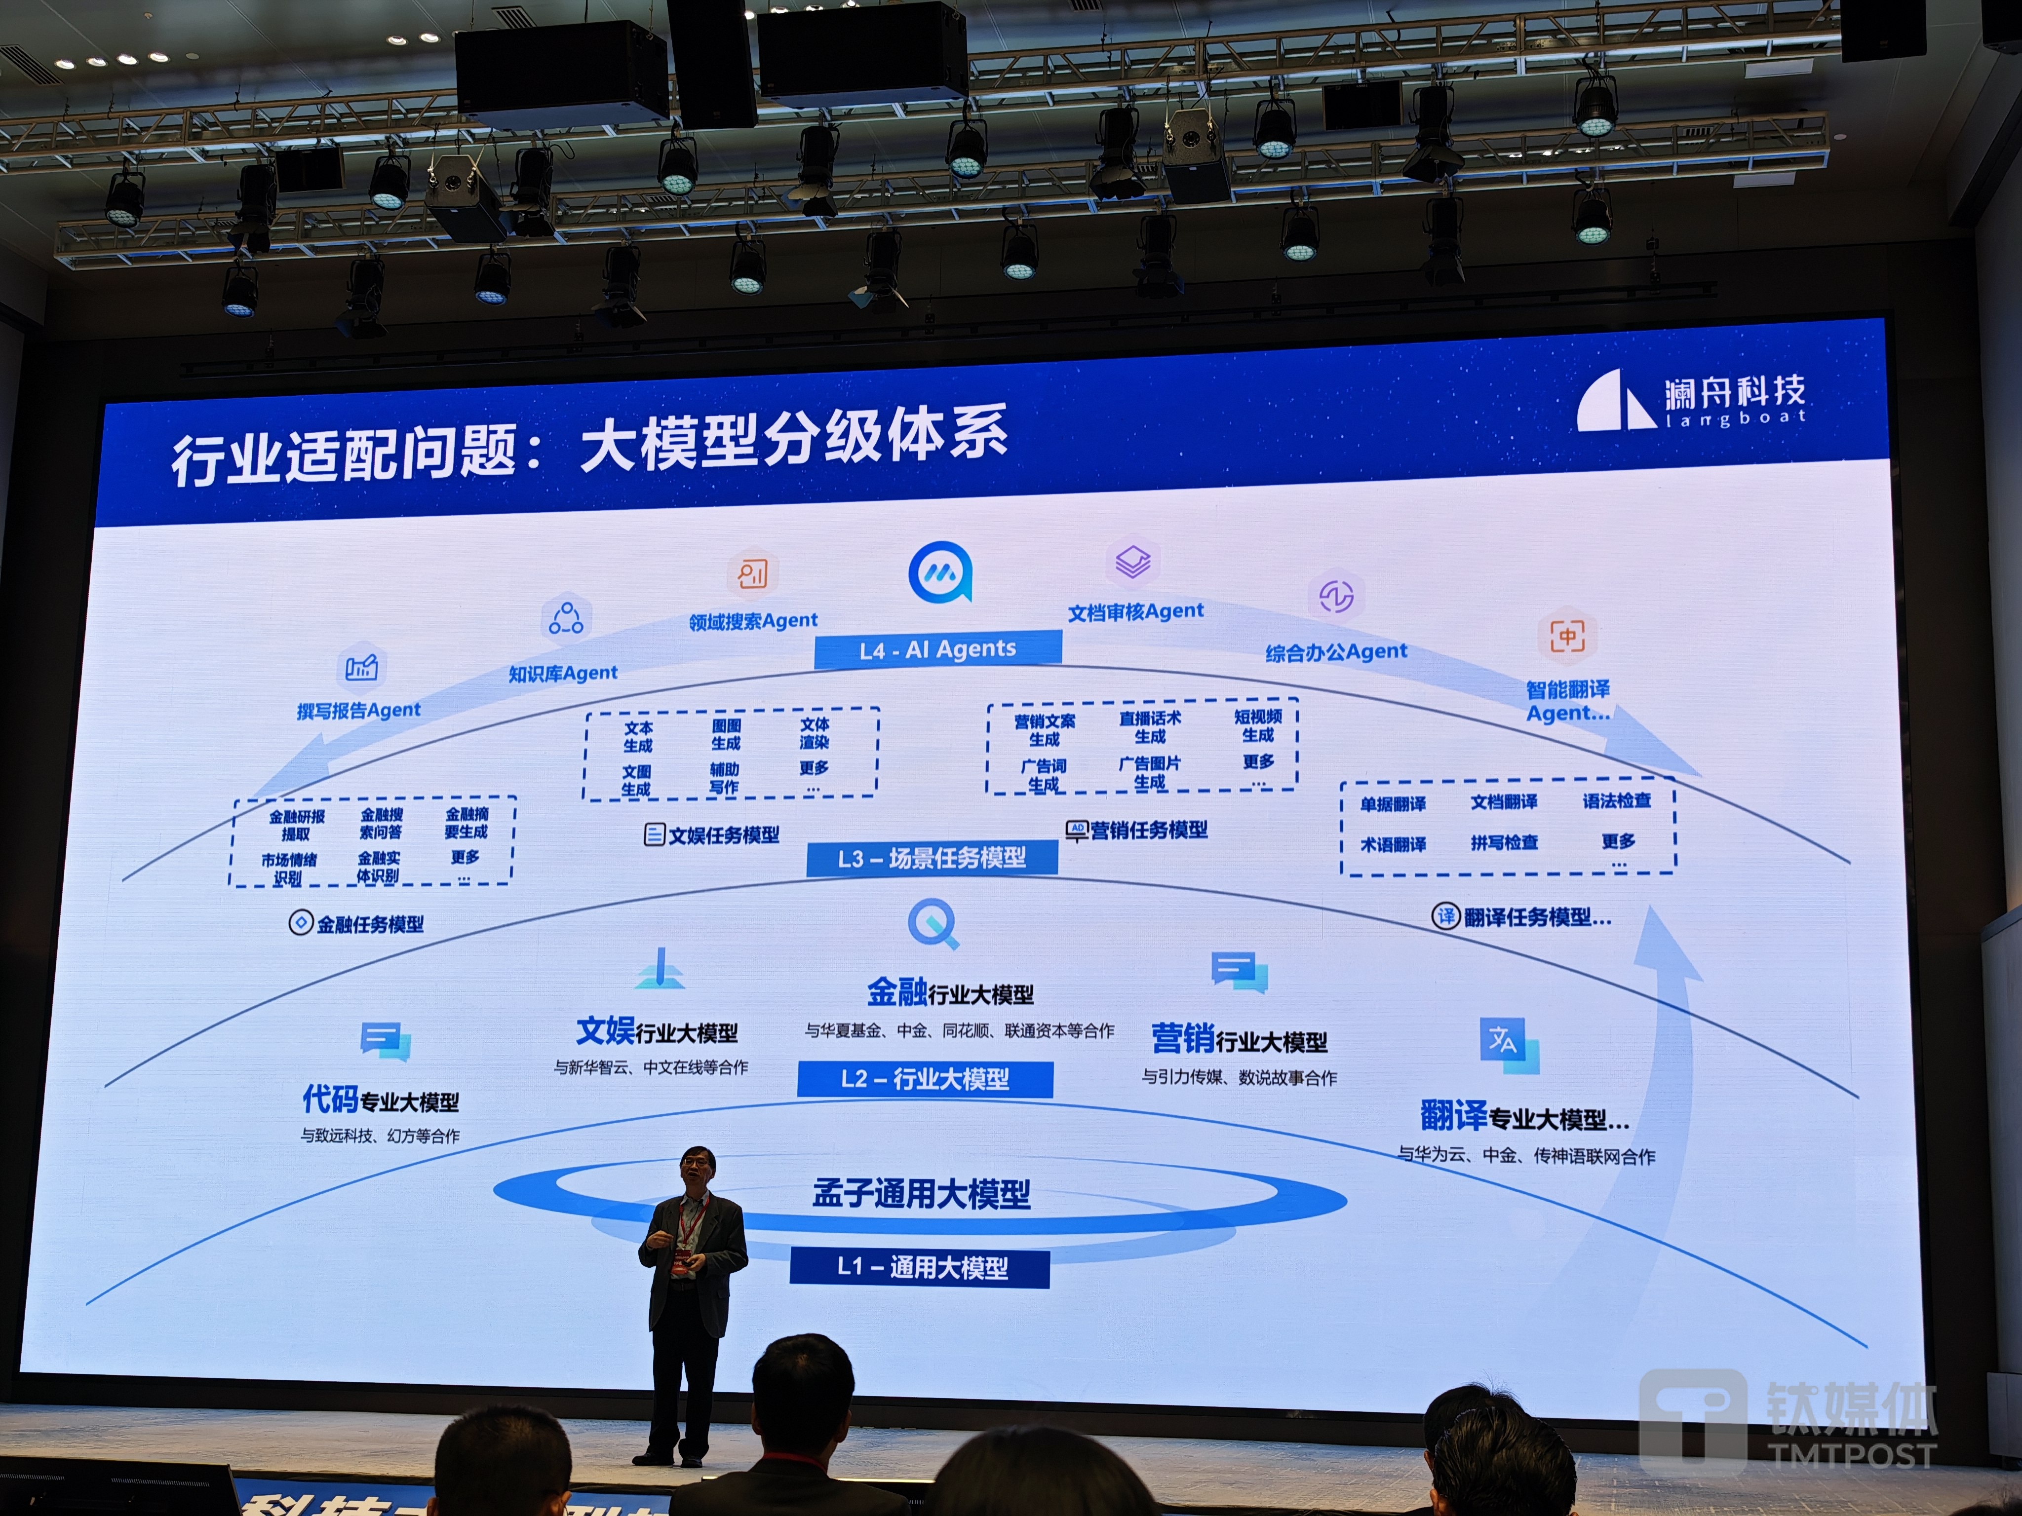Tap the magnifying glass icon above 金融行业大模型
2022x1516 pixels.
933,923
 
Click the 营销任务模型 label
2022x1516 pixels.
1148,830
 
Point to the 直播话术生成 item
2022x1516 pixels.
1150,726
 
